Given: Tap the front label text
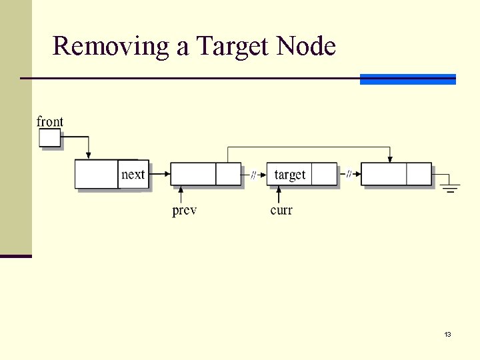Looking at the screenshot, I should tap(50, 121).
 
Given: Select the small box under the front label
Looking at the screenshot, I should tap(50, 137).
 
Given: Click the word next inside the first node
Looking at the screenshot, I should tap(133, 175).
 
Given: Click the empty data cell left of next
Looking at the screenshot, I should tap(96, 174).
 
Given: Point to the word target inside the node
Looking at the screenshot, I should tap(289, 175).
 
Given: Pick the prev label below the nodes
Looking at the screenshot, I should tap(184, 211).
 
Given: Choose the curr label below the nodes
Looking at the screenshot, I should tap(281, 211).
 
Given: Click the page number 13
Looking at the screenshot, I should tap(447, 334).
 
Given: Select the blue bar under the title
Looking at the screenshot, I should tap(407, 79).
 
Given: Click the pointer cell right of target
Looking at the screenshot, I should tap(324, 174).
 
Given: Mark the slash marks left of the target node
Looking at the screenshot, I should tap(253, 175).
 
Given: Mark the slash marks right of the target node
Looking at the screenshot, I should tap(349, 175).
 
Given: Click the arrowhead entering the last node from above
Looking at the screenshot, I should tap(390, 159).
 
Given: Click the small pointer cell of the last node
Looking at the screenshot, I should tap(419, 174).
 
